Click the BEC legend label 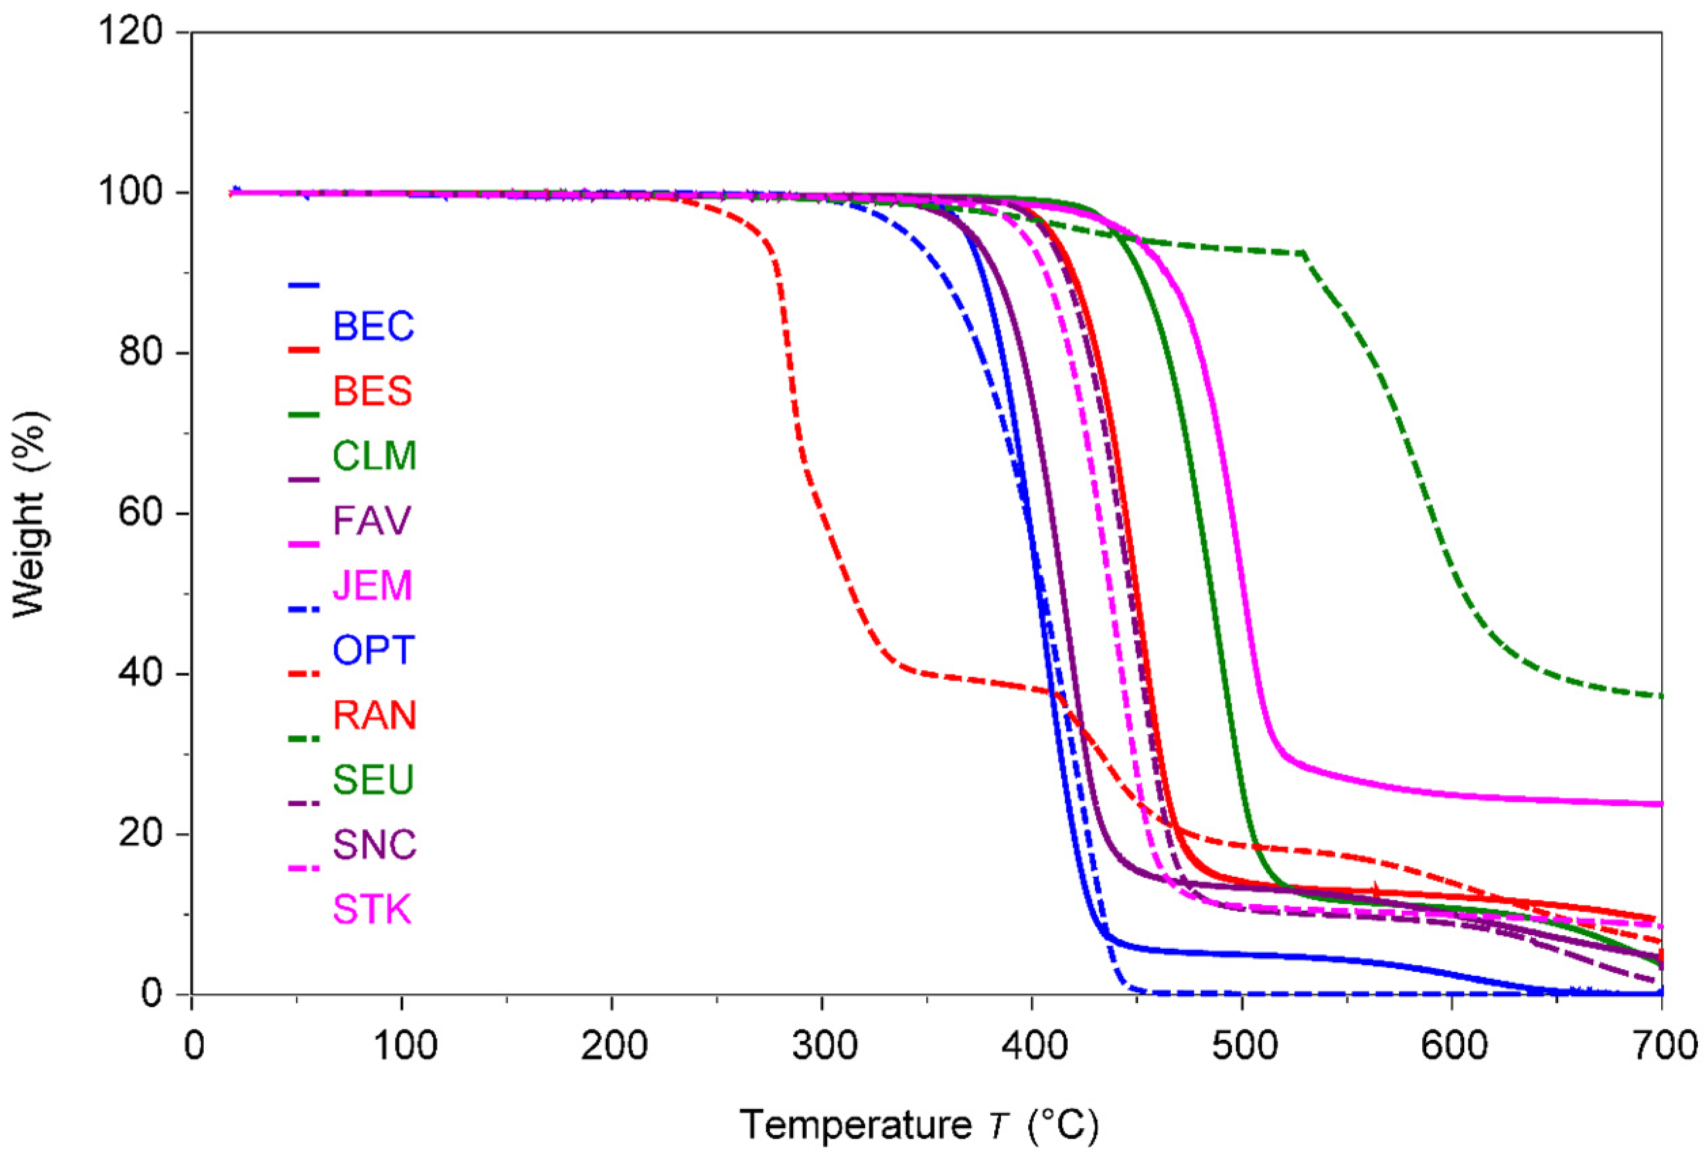(373, 326)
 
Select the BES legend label (372, 391)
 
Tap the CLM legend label (374, 455)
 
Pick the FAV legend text (372, 520)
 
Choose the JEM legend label (372, 585)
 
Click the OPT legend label (374, 650)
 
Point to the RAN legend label (374, 714)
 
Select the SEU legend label (373, 779)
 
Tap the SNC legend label (374, 844)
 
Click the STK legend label (372, 909)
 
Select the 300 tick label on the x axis (824, 1045)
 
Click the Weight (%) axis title (31, 514)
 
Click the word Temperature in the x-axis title (856, 1124)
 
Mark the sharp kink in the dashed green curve (1303, 253)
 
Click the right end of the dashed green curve (1660, 695)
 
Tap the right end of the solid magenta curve (1660, 804)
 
